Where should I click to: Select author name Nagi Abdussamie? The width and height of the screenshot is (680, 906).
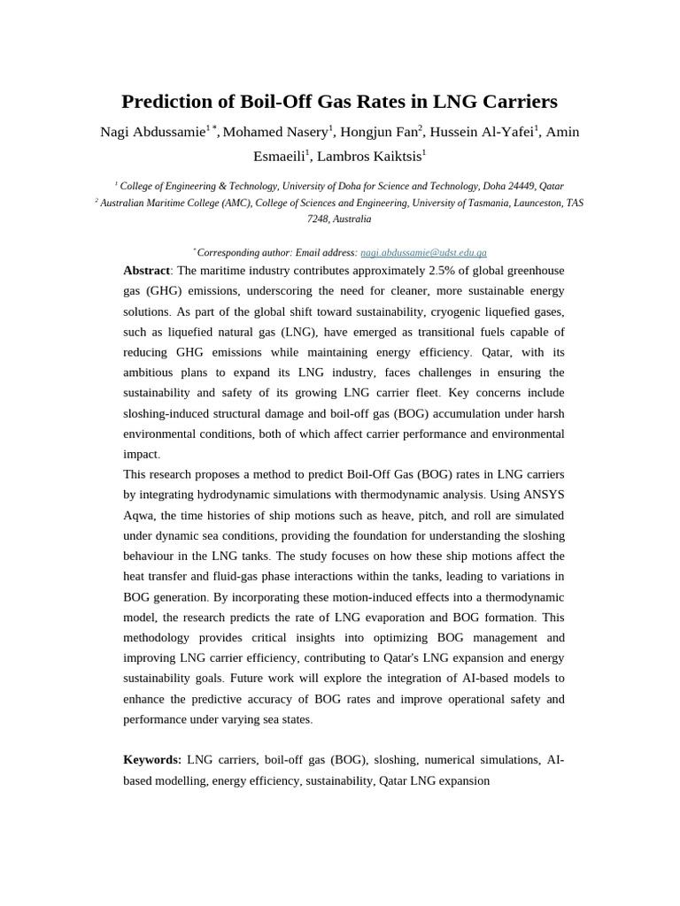click(x=152, y=132)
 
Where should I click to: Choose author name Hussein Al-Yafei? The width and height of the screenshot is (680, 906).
click(x=483, y=132)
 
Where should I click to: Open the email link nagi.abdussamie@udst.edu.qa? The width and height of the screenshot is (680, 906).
click(x=423, y=252)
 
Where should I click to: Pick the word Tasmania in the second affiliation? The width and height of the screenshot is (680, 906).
click(x=490, y=203)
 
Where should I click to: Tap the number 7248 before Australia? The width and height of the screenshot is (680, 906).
click(x=318, y=219)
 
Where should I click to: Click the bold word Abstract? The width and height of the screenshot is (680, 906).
click(x=146, y=271)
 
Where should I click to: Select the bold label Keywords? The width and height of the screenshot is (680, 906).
click(x=151, y=760)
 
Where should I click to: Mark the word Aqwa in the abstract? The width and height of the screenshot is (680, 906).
click(x=138, y=515)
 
